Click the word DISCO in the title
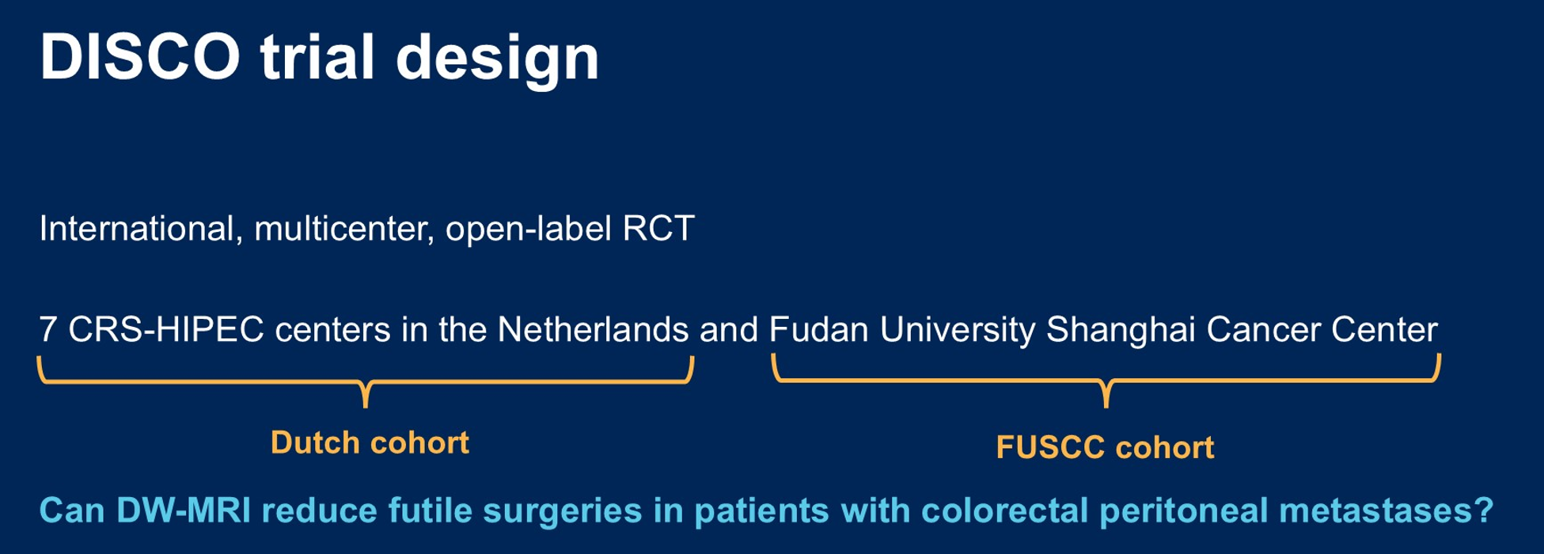pos(140,58)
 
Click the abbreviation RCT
pos(658,229)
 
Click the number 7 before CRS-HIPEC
pos(48,329)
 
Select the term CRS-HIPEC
pos(166,329)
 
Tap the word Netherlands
pos(593,329)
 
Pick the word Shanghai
pos(1121,331)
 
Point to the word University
pos(958,331)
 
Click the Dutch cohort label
pos(370,442)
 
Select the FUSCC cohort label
pos(1105,448)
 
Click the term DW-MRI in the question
pos(184,510)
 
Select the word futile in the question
pos(430,510)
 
